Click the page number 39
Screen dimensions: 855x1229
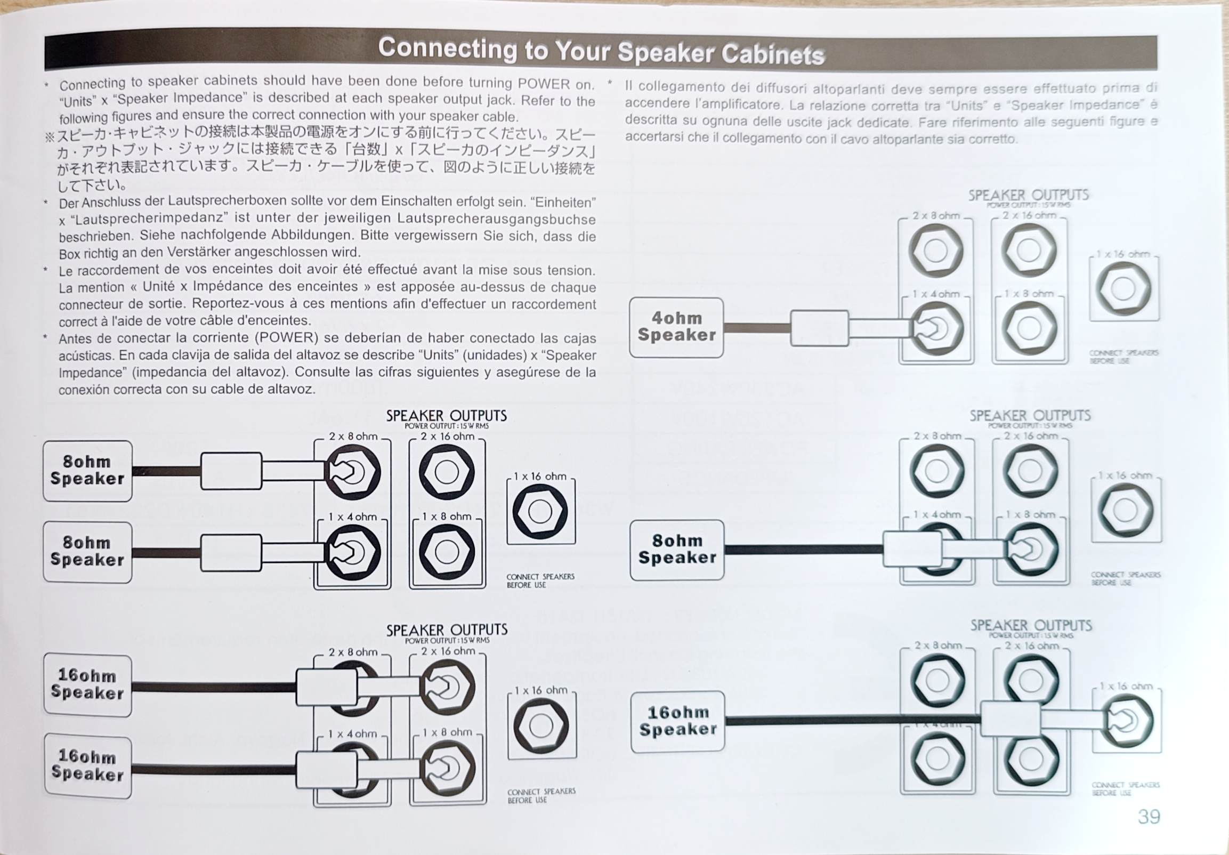[1149, 817]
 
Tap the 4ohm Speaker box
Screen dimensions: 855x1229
[676, 327]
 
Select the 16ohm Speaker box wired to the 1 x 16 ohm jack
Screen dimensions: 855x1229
[678, 721]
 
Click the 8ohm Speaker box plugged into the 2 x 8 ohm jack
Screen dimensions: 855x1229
[87, 471]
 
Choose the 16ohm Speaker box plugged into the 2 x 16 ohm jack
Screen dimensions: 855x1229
[87, 684]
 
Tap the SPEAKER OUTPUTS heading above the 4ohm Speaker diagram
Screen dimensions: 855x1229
[1028, 196]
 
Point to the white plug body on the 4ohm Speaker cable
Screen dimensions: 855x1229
[819, 328]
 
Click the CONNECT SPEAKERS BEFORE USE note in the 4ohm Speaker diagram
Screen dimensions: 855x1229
[1123, 357]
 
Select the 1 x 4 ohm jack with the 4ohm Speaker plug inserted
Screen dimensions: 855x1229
[936, 328]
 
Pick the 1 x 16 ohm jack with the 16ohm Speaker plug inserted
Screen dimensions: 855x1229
[1126, 720]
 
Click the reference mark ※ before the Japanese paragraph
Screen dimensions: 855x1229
[50, 137]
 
